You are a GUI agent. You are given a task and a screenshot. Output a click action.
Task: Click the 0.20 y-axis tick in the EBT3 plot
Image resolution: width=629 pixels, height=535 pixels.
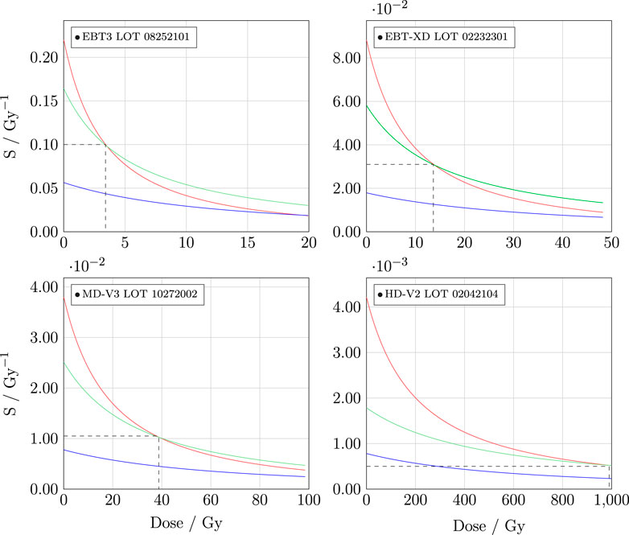(42, 58)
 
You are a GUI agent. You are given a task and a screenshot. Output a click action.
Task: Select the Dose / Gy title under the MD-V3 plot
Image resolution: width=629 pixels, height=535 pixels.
(186, 524)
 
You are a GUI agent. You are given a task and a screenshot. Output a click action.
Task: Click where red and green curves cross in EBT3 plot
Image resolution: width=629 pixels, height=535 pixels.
(105, 145)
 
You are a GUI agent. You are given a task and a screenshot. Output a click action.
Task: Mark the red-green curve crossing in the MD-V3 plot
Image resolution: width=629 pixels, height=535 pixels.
(159, 437)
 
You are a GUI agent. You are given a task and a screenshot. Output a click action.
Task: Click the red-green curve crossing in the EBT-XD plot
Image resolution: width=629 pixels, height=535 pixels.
(434, 164)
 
